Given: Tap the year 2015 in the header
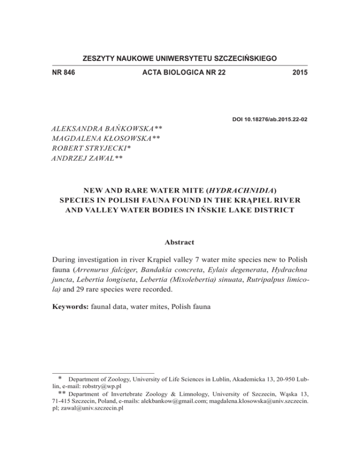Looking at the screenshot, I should [298, 73].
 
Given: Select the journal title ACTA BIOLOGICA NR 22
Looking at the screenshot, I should [180, 73].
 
